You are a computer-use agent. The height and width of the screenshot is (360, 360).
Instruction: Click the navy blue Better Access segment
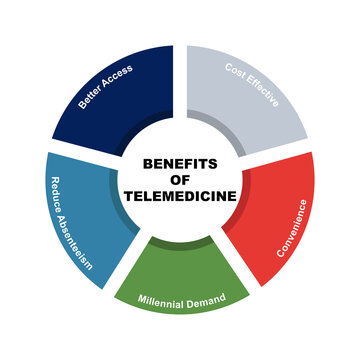coord(120,100)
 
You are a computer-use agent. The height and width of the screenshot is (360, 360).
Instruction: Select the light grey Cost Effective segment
coord(245,100)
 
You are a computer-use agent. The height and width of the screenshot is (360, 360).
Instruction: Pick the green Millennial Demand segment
coord(180,285)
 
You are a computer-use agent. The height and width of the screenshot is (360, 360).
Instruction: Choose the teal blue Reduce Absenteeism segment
coord(80,215)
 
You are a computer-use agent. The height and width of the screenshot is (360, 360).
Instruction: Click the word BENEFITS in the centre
coord(180,163)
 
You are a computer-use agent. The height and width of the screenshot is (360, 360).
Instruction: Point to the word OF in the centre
coord(180,179)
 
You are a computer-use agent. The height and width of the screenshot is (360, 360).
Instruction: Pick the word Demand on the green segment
coord(205,298)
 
